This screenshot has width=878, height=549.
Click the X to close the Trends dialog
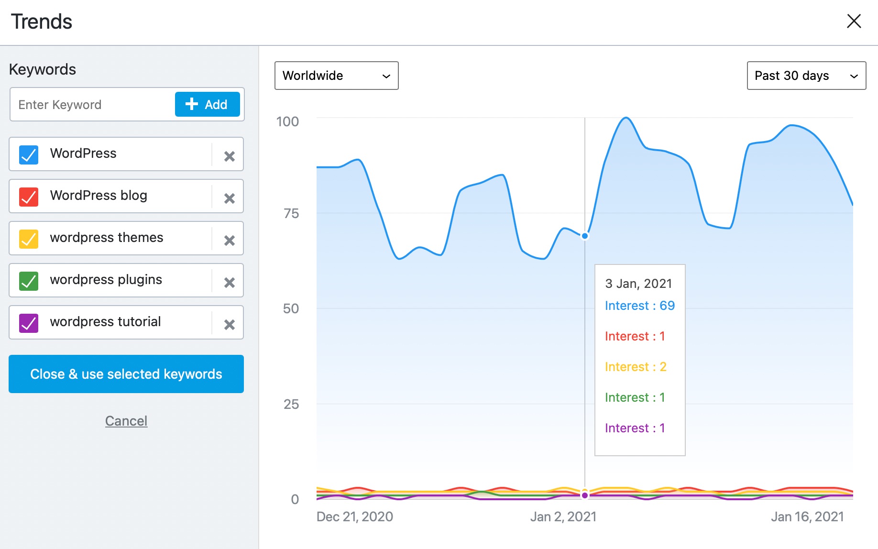(854, 21)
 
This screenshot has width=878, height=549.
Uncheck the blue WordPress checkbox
(29, 154)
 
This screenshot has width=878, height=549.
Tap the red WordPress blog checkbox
(29, 197)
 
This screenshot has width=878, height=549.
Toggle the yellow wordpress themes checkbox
(29, 239)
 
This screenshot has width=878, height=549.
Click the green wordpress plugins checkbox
(29, 281)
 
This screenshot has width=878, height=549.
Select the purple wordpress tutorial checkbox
(29, 323)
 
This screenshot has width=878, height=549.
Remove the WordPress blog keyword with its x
(230, 198)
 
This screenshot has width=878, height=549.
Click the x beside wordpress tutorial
(230, 324)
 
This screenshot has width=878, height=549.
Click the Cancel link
(126, 421)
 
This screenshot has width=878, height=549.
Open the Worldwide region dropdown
(336, 76)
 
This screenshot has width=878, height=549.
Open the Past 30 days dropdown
(806, 76)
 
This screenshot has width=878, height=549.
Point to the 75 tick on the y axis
(291, 213)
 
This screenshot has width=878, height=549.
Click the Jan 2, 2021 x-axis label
(563, 516)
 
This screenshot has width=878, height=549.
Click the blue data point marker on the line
(585, 236)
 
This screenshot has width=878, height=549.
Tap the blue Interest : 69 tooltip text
(639, 306)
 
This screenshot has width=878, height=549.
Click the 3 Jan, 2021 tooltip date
(638, 284)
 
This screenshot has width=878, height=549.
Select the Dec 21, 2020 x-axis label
(354, 516)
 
